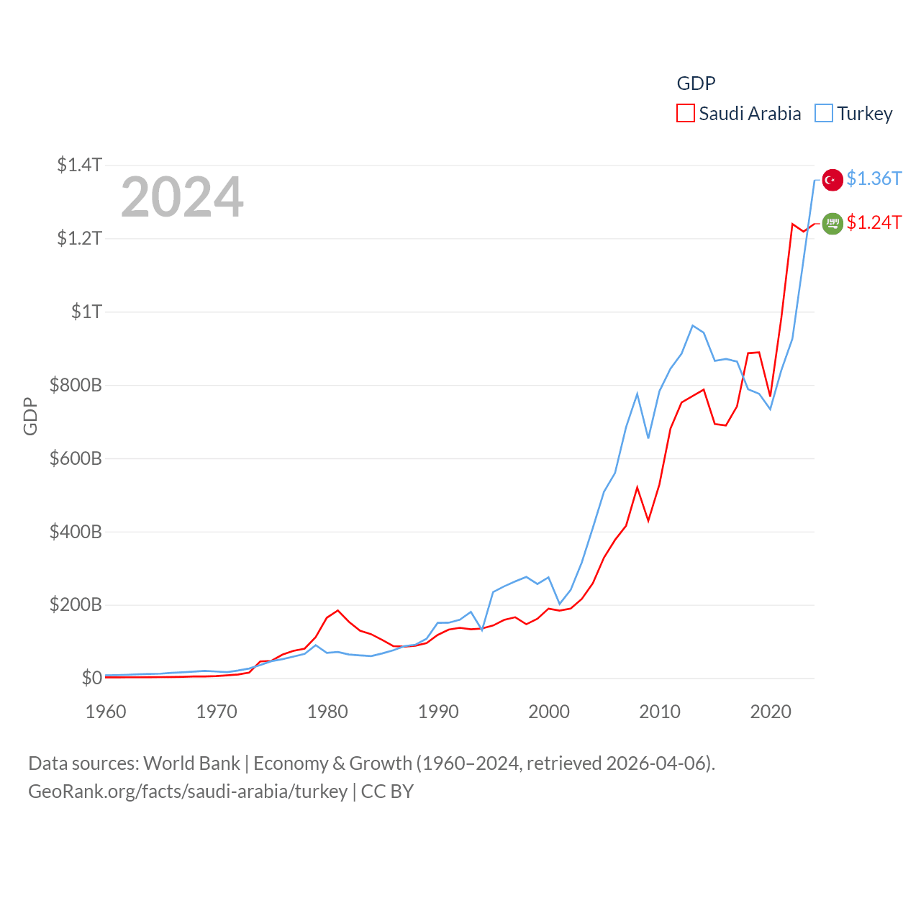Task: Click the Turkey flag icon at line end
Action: point(832,180)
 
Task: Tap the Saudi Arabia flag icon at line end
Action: point(832,224)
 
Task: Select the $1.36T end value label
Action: point(874,178)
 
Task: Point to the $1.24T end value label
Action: point(874,222)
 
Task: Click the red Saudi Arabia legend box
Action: point(686,114)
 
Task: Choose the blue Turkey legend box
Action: point(824,114)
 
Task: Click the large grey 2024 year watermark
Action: point(182,197)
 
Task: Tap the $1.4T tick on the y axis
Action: point(79,165)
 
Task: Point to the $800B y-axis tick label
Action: point(76,385)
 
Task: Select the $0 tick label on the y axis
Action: point(91,678)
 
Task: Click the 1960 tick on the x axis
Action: point(106,712)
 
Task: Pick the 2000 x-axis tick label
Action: point(549,712)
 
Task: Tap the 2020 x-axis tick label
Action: point(771,712)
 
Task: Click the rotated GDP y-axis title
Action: point(30,416)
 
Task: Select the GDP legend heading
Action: point(696,83)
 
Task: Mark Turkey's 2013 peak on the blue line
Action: point(692,325)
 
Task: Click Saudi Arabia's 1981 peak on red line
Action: point(337,610)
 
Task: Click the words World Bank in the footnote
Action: point(191,763)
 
